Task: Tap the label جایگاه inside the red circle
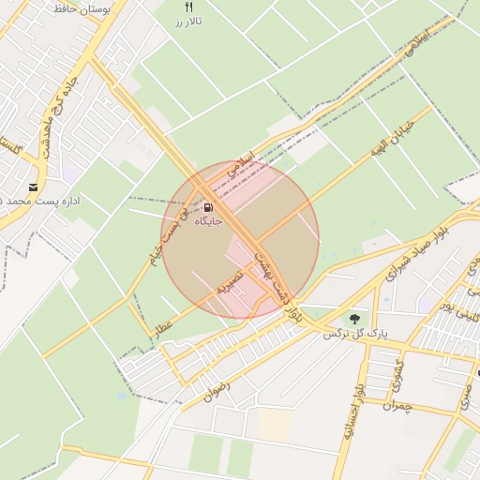207,222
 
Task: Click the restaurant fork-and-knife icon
188,7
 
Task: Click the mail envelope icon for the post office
34,188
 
